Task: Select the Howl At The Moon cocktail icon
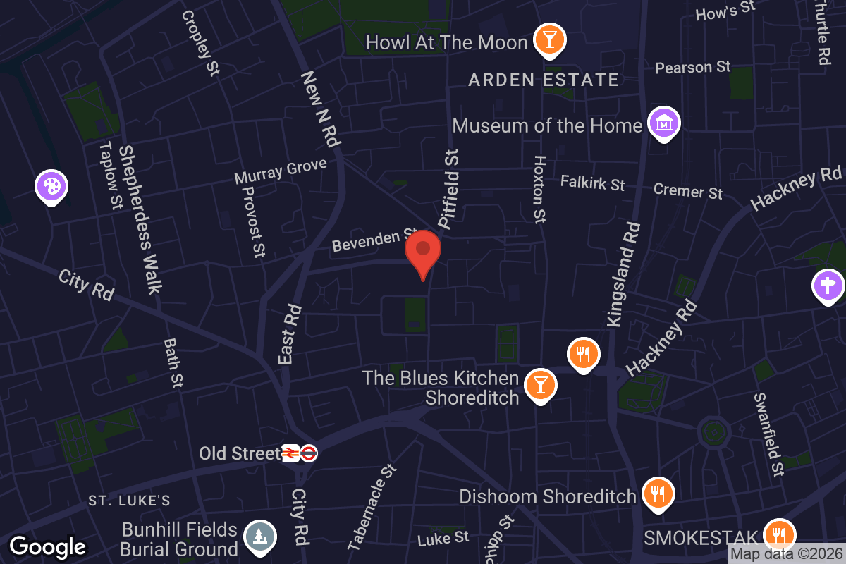point(548,40)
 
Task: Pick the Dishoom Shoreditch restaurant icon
point(658,493)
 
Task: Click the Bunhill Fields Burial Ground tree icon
point(260,536)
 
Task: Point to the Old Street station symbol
point(300,453)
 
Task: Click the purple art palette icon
point(52,187)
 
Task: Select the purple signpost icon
point(828,286)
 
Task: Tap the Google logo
point(48,547)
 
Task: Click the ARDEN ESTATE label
point(544,80)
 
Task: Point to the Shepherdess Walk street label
point(140,219)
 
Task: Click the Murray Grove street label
point(281,171)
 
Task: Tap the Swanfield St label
point(768,434)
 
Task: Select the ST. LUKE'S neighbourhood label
point(130,501)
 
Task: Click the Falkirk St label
point(592,183)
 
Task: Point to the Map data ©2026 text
point(786,554)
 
